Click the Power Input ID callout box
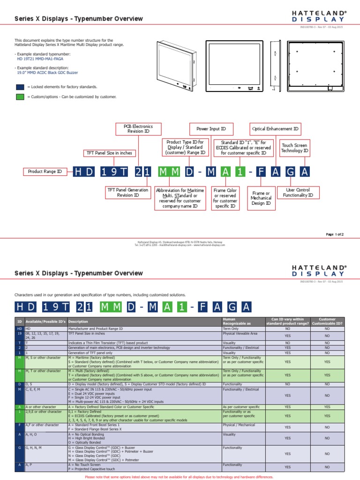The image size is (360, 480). (210, 129)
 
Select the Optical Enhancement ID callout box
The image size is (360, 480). (275, 129)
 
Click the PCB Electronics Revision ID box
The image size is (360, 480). (138, 129)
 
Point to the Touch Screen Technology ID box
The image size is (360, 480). (295, 149)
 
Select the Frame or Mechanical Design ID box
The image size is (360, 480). (261, 198)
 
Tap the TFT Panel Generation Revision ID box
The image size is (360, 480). (128, 193)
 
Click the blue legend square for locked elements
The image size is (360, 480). (20, 87)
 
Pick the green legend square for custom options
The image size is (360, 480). (20, 97)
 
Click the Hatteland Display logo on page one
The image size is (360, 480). (318, 17)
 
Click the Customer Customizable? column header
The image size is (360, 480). (327, 322)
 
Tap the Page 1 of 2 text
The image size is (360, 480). (335, 234)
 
